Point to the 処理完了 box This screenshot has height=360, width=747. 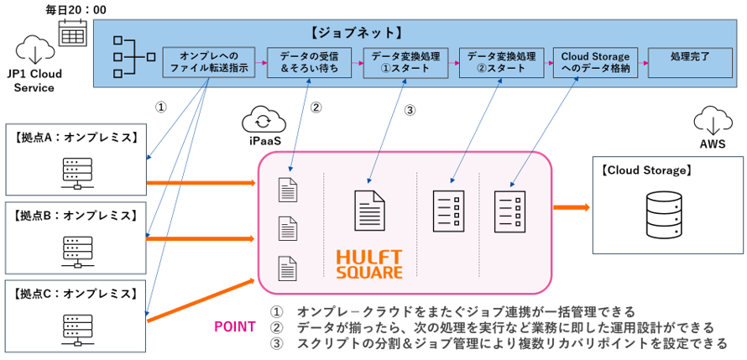[x=690, y=63]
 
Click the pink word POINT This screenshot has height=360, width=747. [x=235, y=327]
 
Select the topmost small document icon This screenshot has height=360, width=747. [x=287, y=190]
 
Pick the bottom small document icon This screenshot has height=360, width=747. [x=287, y=268]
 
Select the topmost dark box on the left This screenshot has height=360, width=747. [x=76, y=159]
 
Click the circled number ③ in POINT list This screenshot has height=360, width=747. [x=276, y=344]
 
